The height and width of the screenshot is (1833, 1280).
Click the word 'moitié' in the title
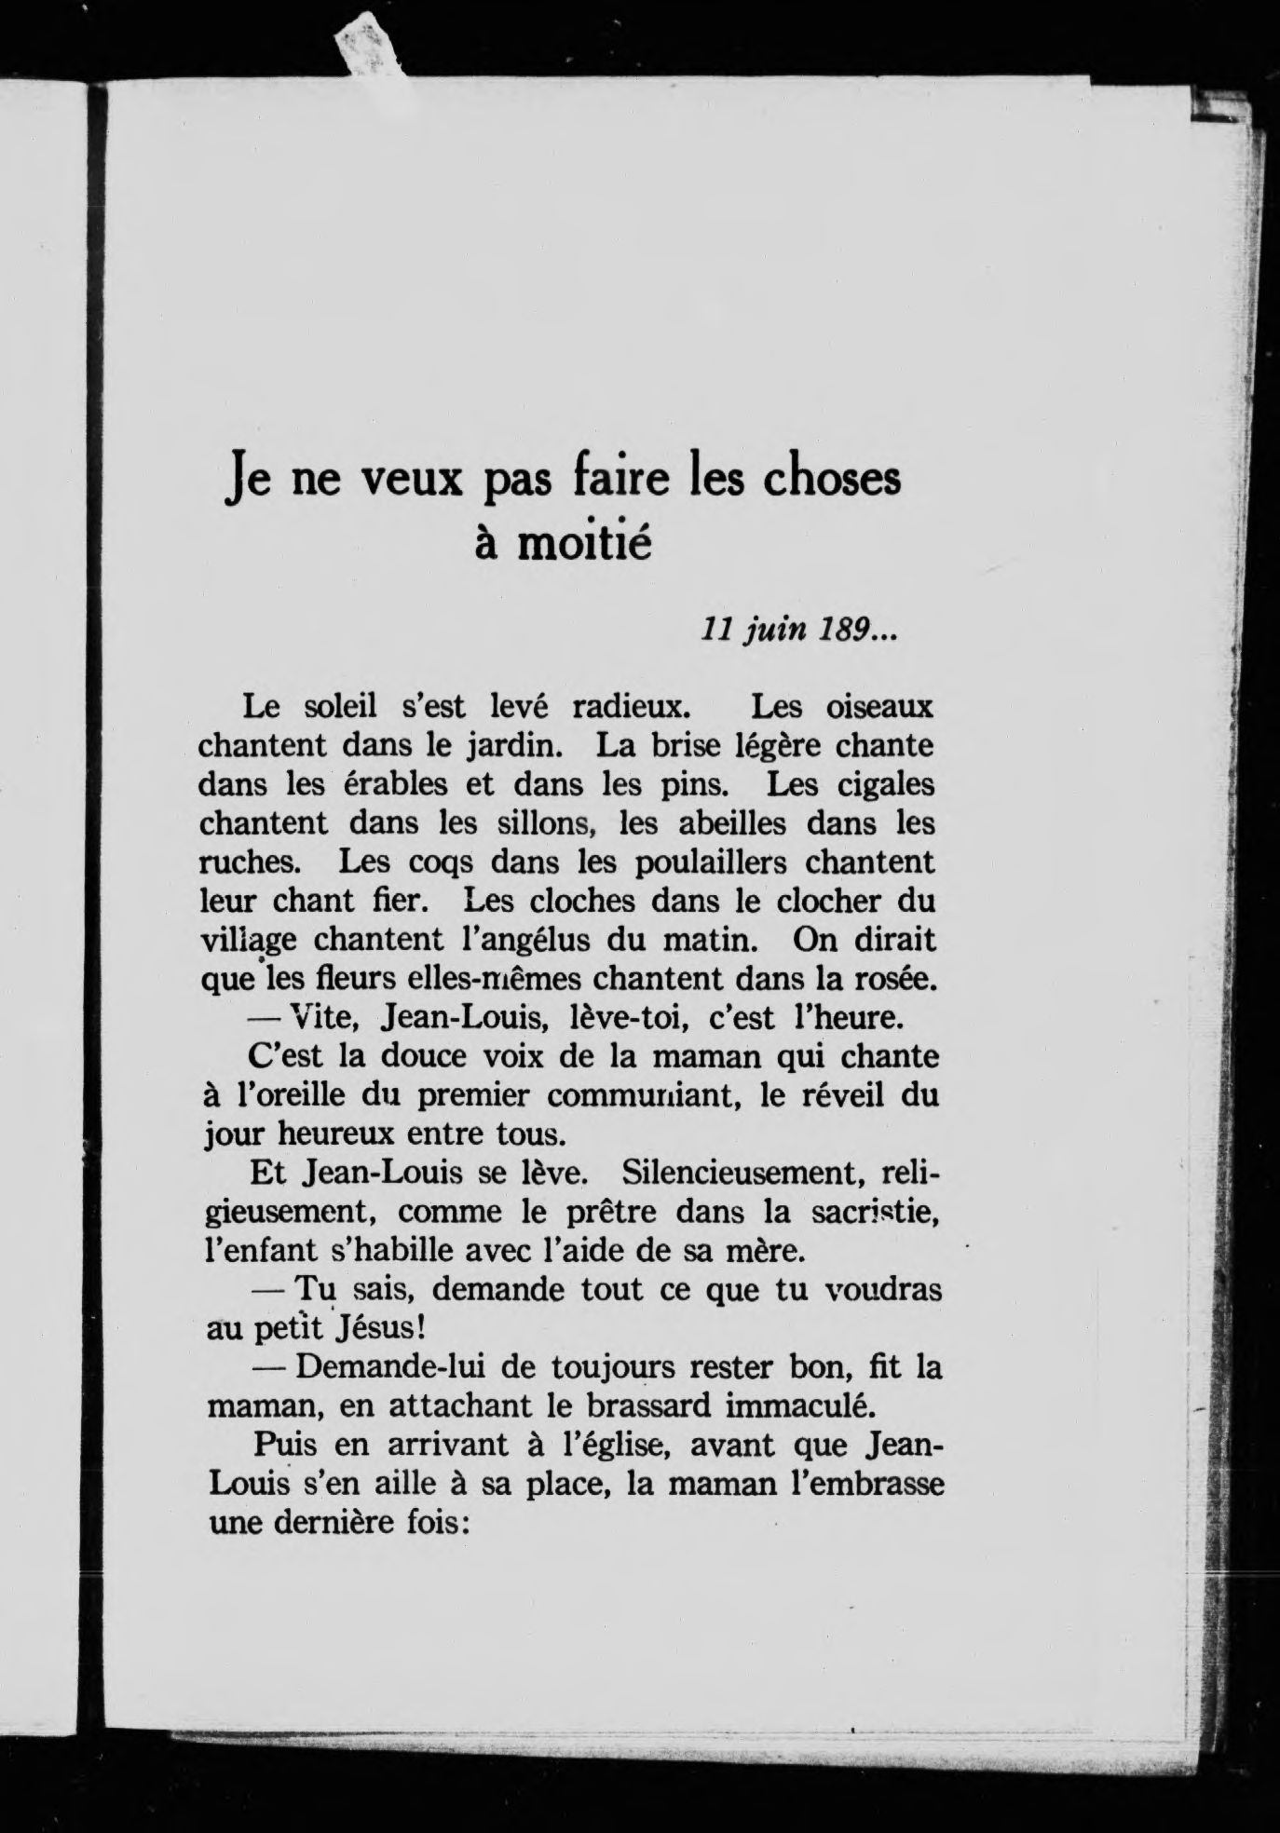click(584, 545)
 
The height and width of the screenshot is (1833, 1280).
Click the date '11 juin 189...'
click(797, 631)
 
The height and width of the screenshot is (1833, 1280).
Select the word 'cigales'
click(878, 784)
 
